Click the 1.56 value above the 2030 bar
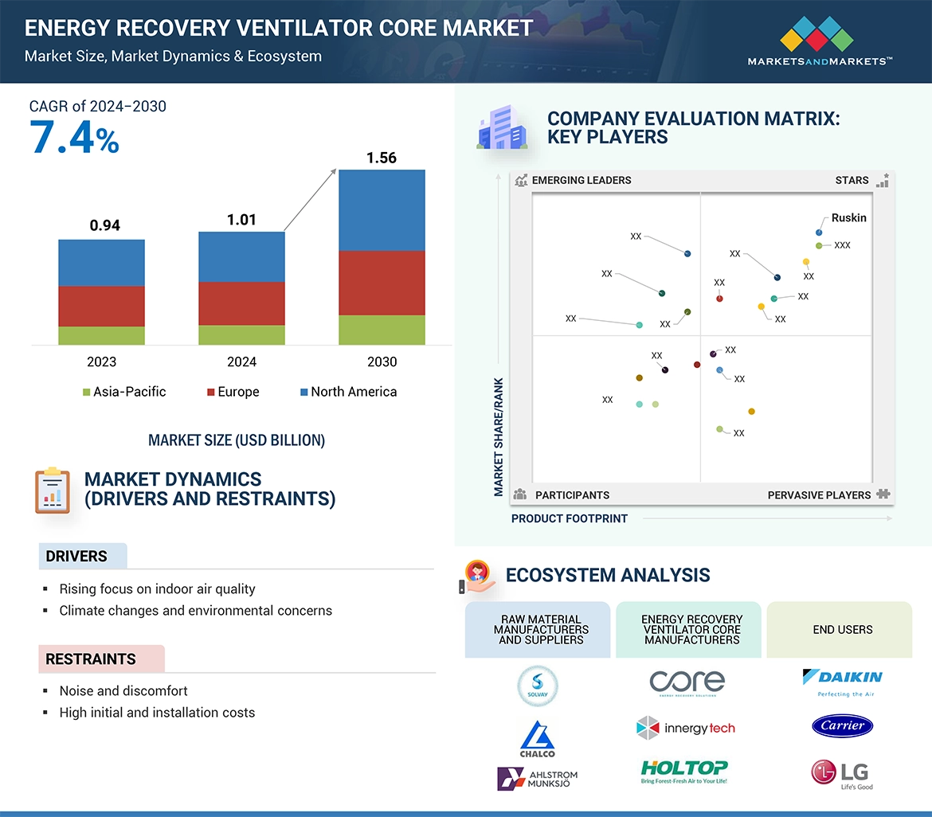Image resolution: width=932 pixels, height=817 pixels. click(x=382, y=158)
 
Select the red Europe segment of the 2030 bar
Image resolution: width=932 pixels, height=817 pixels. click(x=382, y=283)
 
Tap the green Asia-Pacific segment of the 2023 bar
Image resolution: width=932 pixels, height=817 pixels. click(x=101, y=335)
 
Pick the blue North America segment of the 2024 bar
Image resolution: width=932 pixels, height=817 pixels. click(x=241, y=256)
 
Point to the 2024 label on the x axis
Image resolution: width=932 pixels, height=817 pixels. click(x=241, y=362)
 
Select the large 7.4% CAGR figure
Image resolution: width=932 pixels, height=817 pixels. click(x=74, y=137)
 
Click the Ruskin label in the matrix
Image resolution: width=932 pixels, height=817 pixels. click(x=848, y=217)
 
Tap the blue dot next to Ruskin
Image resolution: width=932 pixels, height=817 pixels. click(x=819, y=233)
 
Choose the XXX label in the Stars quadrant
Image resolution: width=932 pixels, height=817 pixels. click(x=842, y=245)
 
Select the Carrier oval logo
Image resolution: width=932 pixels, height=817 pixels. click(x=843, y=725)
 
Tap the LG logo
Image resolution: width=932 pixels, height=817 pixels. click(x=842, y=773)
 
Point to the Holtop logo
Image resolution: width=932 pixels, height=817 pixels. click(x=684, y=771)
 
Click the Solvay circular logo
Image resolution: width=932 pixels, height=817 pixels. click(x=538, y=686)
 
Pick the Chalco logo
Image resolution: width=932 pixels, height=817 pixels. click(x=538, y=738)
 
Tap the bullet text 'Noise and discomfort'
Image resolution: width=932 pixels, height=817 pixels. click(x=123, y=690)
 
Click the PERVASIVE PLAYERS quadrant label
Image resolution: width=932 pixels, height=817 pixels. click(x=819, y=495)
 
